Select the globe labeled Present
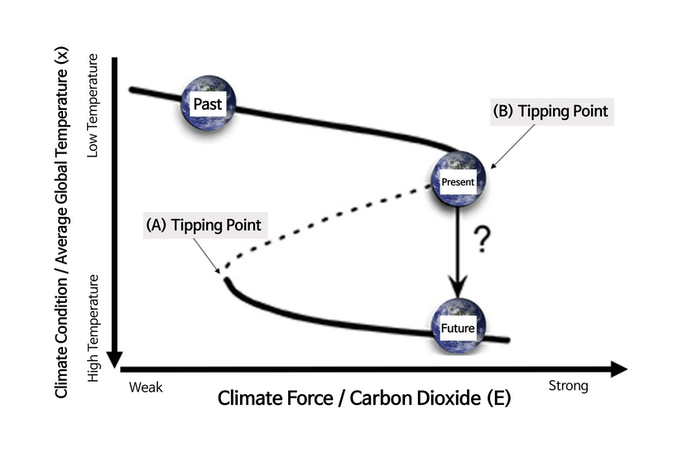pos(457,179)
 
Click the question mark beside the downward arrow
pos(479,241)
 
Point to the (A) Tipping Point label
pos(203,225)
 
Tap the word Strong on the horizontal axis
pos(568,385)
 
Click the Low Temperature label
pos(93,106)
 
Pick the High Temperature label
pos(93,329)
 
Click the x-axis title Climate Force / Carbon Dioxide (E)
pos(364,398)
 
